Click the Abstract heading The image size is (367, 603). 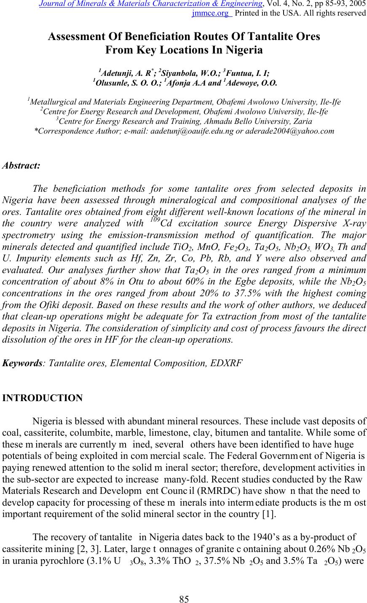point(21,165)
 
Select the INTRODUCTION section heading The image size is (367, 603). point(43,398)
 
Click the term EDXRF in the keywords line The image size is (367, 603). point(227,362)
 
